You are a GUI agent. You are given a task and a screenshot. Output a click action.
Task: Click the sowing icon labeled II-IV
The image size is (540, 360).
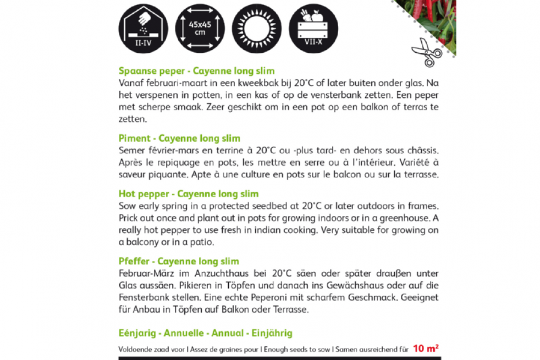point(142,27)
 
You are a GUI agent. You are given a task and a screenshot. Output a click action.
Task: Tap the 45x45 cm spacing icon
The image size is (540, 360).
point(200,27)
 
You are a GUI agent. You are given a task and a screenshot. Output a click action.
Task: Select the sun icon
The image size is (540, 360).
point(256,27)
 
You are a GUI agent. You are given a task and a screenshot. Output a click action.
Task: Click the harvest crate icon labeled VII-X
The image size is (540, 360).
point(313,27)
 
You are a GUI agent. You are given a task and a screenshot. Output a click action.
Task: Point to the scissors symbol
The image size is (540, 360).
point(426,52)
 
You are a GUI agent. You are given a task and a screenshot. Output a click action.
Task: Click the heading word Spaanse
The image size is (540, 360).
point(136,71)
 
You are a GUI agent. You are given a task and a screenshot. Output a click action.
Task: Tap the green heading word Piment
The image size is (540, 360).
point(133,139)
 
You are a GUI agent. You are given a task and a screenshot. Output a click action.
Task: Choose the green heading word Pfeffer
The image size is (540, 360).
point(134,262)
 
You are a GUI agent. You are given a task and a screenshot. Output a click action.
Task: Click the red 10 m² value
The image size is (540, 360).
point(426,348)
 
